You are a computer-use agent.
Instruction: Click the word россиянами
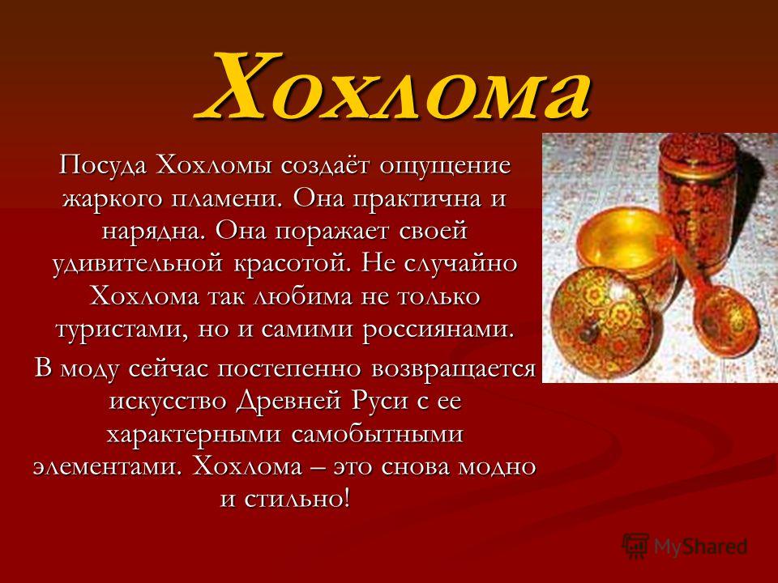pos(438,330)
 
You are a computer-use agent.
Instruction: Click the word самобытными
pos(377,434)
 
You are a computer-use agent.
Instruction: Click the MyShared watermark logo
pos(685,547)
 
